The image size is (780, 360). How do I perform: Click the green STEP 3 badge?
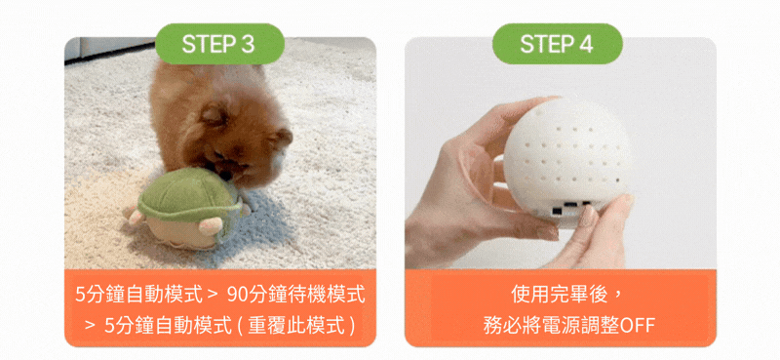coord(219,44)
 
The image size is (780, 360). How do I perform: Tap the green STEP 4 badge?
coord(557,44)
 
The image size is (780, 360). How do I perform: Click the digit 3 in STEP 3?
coord(248,44)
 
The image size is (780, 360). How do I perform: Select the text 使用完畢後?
coord(560,295)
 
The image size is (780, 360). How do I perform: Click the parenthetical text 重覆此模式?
coord(296,326)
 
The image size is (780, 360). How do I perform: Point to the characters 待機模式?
coord(327,296)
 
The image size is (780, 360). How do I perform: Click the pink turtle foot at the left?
coord(133,216)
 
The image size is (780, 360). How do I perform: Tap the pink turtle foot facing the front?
coord(211,225)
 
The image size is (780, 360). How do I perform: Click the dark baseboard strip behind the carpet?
coord(110,53)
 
